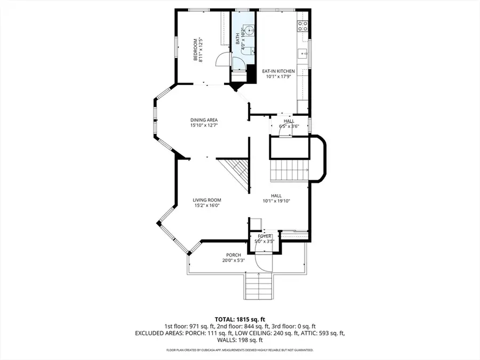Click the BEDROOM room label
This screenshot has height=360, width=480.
(195, 49)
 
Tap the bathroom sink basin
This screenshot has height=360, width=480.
(249, 30)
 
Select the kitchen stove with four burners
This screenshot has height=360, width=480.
(302, 25)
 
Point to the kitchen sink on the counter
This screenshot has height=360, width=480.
(302, 53)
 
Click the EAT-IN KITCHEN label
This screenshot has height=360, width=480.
(278, 71)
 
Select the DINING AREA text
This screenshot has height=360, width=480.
(204, 119)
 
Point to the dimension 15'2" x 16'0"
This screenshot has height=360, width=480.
(206, 205)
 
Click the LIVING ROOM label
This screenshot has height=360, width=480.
(206, 200)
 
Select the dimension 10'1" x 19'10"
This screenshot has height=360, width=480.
(276, 201)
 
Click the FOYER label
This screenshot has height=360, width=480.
(265, 236)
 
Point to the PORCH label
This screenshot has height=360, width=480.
(233, 255)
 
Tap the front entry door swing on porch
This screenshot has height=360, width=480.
(263, 261)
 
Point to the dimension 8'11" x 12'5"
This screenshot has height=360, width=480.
(201, 49)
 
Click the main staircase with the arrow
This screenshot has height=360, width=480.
(289, 170)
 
